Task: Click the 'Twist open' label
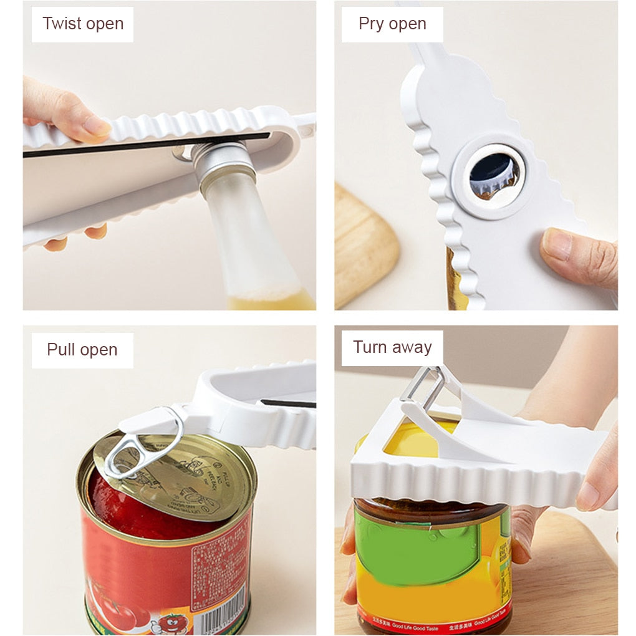[82, 24]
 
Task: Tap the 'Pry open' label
[392, 24]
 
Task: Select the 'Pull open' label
[82, 350]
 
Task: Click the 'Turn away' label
[392, 347]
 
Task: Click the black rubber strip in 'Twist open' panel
[143, 145]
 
